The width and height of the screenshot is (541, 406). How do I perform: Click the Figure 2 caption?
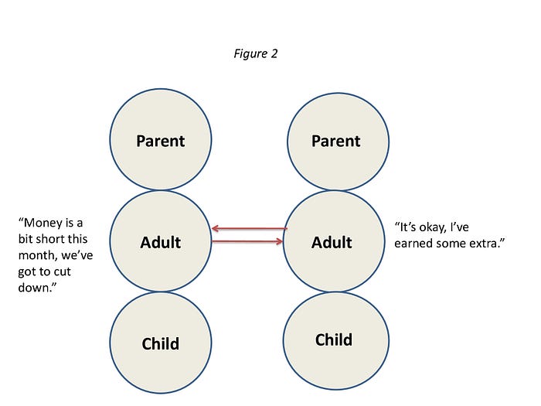point(256,54)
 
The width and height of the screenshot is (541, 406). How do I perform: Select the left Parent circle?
point(161,139)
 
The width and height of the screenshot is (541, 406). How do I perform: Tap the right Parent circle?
point(339,142)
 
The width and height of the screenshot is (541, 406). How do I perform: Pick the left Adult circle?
point(161,241)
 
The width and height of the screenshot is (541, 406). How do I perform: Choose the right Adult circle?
point(334,241)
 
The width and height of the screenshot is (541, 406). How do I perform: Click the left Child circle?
point(161,343)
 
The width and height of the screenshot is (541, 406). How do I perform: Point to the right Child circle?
point(336,341)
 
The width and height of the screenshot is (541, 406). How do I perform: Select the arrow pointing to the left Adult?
point(250,228)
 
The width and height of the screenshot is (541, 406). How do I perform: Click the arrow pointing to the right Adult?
point(247,241)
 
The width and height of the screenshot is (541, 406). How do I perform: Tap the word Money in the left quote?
point(43,223)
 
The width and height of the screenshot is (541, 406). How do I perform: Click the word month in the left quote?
point(38,255)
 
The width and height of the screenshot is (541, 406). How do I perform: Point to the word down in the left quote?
point(34,288)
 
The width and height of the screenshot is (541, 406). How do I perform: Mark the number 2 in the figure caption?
point(274,53)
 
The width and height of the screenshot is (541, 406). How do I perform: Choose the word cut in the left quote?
point(62,271)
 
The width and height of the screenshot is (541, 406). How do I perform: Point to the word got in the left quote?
point(26,272)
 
